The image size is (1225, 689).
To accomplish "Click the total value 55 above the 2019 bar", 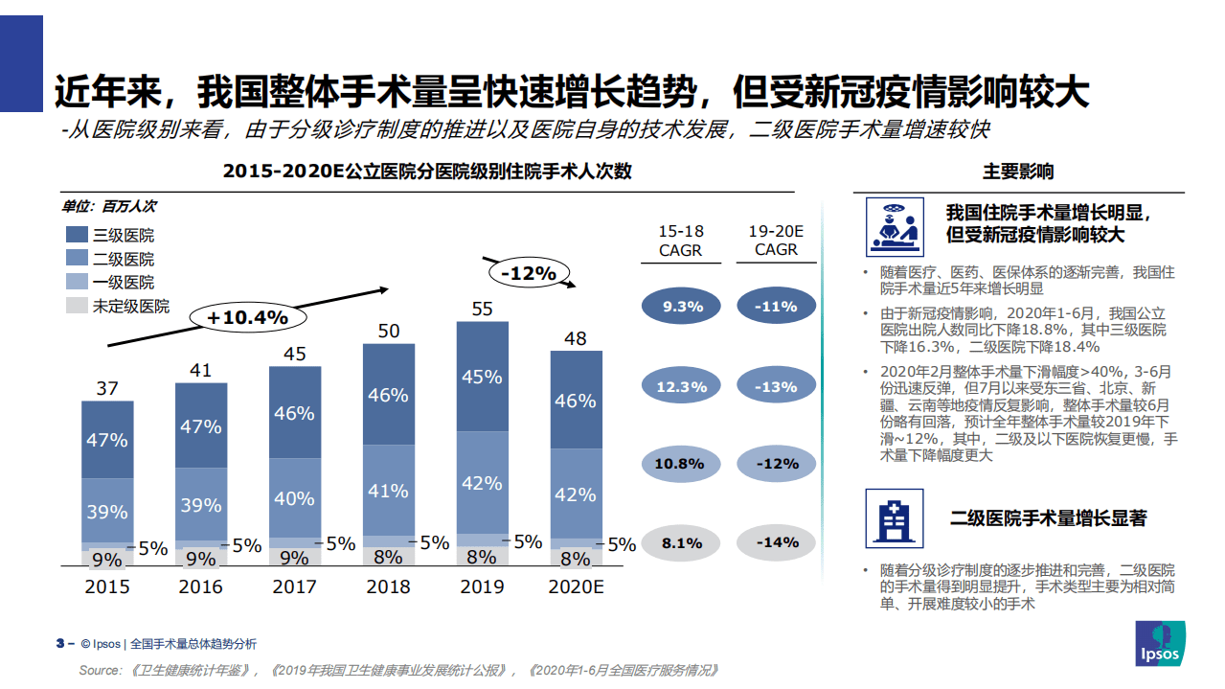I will (x=482, y=309).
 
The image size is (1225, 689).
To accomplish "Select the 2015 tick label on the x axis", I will (x=106, y=586).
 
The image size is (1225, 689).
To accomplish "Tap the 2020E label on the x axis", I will (x=576, y=586).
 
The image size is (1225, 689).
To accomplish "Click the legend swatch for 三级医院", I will (x=77, y=235).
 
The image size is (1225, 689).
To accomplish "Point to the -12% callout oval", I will (x=528, y=273).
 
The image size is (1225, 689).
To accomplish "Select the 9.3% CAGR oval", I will (x=681, y=307).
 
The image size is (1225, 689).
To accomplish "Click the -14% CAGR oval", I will (x=776, y=542).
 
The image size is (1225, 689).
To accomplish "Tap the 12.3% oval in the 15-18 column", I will (x=681, y=386).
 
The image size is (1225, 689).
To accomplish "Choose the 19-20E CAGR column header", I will (x=776, y=241).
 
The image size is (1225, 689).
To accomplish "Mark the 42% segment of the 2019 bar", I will (x=482, y=483).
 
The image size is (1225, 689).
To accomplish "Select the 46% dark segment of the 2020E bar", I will (x=576, y=401).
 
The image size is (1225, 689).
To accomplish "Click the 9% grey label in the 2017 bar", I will (x=294, y=558).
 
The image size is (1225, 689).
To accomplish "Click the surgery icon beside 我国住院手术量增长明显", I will (x=895, y=227).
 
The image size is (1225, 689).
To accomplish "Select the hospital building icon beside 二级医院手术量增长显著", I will (x=895, y=517).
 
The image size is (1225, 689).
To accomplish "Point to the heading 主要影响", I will (x=1018, y=172).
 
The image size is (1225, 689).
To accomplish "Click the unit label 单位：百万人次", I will (x=110, y=206).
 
